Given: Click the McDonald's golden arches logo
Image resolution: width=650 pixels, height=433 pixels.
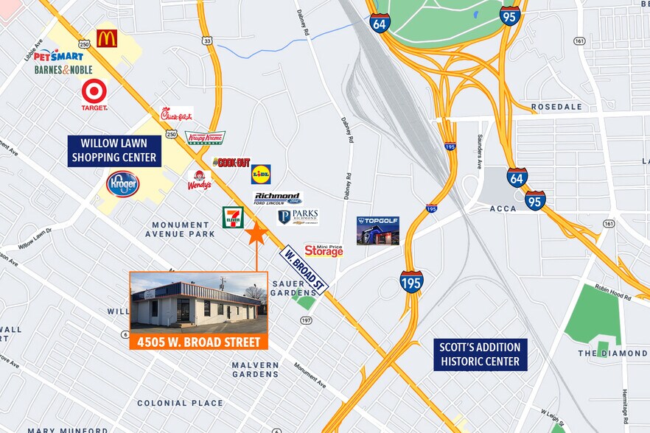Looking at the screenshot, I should click(107, 38).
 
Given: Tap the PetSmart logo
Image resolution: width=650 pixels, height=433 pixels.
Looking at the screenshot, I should click(57, 55).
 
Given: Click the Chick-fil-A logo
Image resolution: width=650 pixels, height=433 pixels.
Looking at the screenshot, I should click(177, 114).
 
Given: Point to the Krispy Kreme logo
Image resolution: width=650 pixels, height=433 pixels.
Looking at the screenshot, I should click(205, 138).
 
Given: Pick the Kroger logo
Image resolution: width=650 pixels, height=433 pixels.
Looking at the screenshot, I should click(122, 183).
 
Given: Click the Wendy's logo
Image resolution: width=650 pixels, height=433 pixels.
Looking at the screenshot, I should click(198, 180).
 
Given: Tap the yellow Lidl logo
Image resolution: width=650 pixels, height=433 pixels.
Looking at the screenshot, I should click(261, 174).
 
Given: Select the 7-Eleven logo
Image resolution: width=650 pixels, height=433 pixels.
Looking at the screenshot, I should click(233, 217).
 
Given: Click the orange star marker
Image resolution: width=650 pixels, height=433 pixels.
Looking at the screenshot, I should click(256, 234).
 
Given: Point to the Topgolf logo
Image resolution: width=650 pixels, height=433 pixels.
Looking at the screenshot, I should click(377, 230).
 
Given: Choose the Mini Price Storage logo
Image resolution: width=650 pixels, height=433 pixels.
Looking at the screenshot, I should click(324, 251).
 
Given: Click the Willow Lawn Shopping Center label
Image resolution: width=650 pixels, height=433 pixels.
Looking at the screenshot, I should click(114, 150).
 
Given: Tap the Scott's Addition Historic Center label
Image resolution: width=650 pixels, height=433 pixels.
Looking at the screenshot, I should click(480, 354).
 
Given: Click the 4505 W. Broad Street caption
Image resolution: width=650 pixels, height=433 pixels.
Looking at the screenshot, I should click(198, 342).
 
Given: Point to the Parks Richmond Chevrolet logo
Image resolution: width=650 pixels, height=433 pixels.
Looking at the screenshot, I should click(298, 217).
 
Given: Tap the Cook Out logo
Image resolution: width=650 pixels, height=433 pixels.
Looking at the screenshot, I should click(231, 162).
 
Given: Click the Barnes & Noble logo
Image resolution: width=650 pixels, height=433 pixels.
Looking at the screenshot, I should click(63, 70).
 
